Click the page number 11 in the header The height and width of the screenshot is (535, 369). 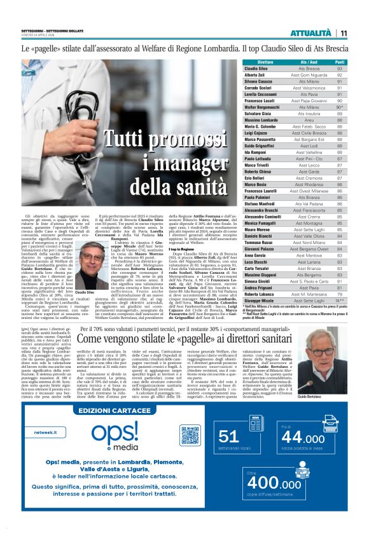(x=344, y=33)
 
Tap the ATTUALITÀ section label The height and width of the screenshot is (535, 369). (x=310, y=33)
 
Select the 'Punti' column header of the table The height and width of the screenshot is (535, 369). (x=340, y=62)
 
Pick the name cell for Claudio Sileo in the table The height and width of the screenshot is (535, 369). (x=256, y=68)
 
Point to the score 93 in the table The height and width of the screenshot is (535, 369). (x=340, y=68)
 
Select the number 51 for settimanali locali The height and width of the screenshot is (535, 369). (x=228, y=436)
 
